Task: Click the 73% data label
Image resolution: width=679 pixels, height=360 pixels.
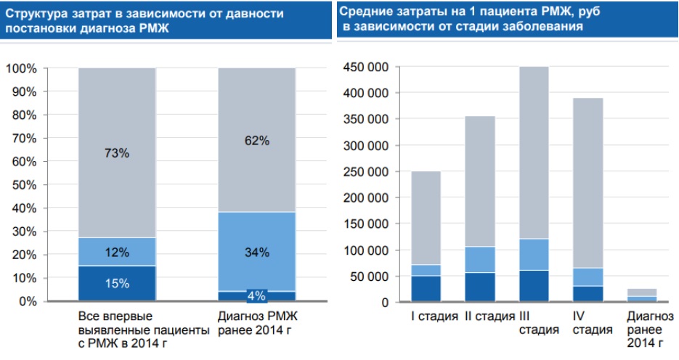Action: point(116,153)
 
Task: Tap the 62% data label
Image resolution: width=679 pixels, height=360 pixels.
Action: point(256,142)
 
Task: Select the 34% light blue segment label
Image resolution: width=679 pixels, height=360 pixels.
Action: point(256,253)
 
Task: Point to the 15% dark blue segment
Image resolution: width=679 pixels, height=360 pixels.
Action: point(116,284)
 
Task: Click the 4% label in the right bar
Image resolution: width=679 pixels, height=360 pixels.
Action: point(256,295)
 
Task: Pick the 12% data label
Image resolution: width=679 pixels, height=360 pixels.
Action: point(116,252)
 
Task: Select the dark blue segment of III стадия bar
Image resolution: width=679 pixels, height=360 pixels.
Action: point(534,286)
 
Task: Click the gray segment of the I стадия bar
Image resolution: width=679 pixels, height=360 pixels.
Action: point(426,218)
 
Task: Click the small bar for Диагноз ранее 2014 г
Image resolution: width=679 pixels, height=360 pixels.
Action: point(642,295)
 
